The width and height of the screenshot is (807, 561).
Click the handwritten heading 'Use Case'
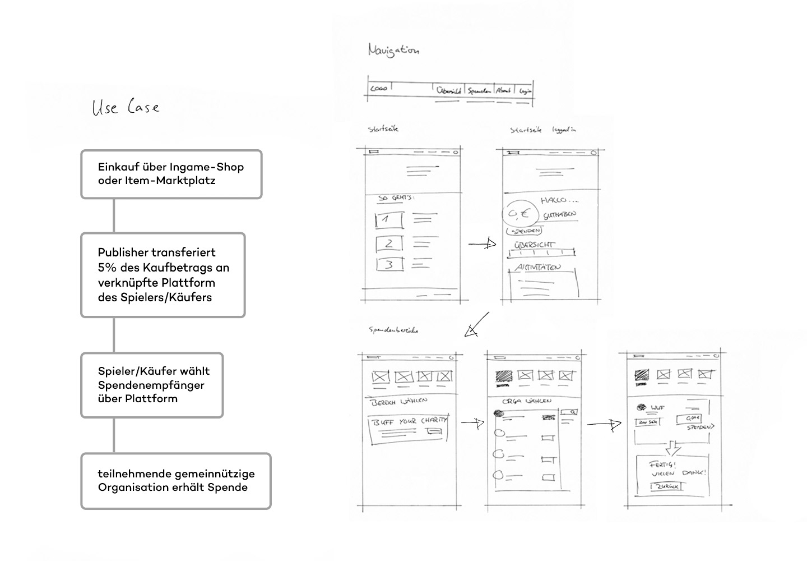(126, 107)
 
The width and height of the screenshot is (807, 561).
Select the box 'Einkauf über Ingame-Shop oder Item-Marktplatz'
(171, 174)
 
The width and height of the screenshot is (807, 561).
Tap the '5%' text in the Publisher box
(106, 268)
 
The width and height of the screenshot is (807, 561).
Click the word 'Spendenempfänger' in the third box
(151, 385)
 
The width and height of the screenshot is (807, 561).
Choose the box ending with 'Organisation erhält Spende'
(176, 481)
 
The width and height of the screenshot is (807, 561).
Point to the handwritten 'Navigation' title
(393, 50)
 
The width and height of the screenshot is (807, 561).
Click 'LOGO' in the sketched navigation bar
(379, 88)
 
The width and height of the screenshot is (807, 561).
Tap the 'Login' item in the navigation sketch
(525, 90)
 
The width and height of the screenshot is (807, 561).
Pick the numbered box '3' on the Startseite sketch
(389, 264)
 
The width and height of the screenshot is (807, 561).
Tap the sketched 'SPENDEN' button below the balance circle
(525, 231)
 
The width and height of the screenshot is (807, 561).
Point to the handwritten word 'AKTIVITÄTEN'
(537, 268)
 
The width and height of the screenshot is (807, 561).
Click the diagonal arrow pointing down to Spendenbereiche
(476, 325)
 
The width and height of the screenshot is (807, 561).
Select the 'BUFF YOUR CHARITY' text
(410, 421)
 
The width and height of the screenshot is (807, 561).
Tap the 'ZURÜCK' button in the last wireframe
(666, 486)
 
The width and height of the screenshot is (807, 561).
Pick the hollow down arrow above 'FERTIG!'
(672, 448)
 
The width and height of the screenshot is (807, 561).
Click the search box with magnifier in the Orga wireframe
(569, 413)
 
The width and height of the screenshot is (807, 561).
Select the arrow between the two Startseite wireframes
(482, 244)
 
